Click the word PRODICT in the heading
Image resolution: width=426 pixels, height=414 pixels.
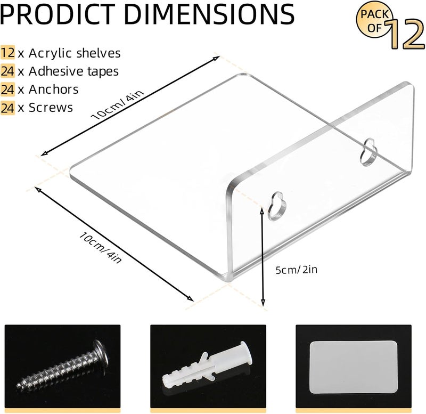(57, 14)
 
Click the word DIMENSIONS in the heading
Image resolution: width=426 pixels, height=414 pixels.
(209, 14)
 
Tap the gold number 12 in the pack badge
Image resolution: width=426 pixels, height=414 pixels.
(405, 34)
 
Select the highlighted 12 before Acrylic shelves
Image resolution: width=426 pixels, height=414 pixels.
(7, 52)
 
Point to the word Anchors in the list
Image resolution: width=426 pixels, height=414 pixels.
(54, 89)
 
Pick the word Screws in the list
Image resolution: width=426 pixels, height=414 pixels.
(51, 108)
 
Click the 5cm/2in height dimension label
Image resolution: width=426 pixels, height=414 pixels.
(297, 270)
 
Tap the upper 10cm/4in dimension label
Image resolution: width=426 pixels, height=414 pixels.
(117, 104)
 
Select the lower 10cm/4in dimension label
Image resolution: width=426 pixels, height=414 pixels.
(100, 247)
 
